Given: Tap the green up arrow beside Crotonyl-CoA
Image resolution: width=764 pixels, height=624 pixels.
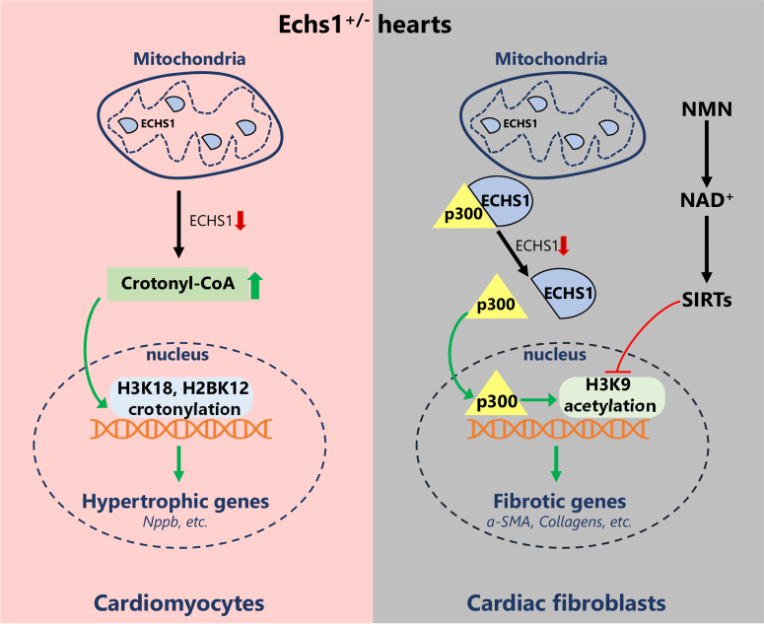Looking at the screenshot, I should (x=254, y=284).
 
